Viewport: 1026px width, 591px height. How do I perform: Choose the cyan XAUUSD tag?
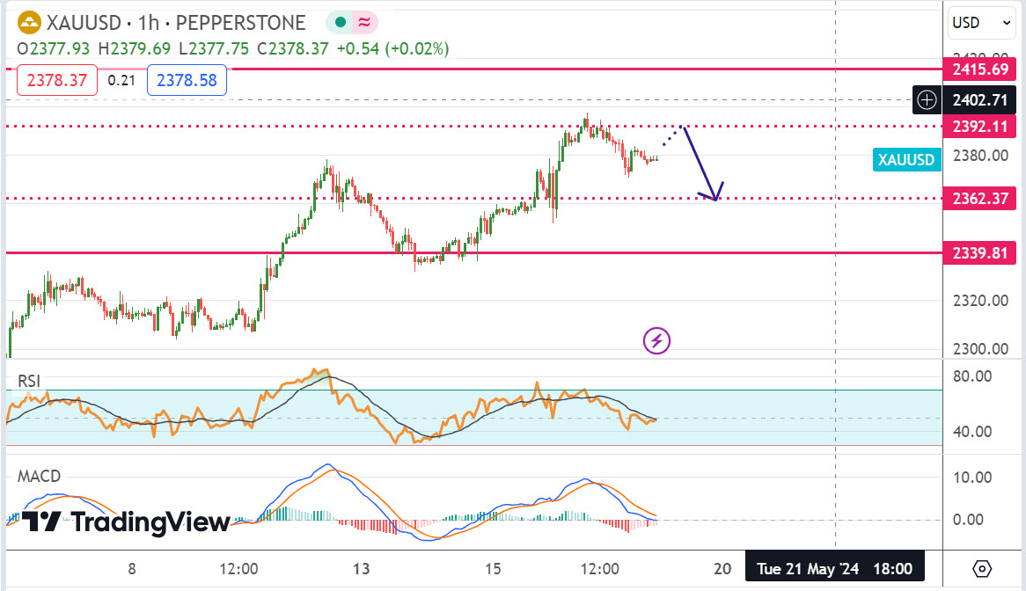coord(905,159)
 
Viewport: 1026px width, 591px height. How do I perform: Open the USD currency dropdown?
coord(979,23)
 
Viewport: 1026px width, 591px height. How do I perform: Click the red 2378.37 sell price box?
coord(57,81)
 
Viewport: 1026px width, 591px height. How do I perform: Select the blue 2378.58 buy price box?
coord(187,81)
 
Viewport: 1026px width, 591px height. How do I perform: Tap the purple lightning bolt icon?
coord(657,340)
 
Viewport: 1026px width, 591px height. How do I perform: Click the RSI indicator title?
coord(30,381)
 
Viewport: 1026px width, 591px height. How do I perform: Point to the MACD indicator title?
coord(40,477)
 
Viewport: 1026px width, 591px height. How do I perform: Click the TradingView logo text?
coord(126,522)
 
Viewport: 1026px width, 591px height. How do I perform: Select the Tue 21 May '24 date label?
coord(833,568)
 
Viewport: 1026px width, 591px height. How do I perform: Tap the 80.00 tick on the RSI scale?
coord(974,376)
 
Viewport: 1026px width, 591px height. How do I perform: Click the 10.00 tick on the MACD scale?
coord(974,478)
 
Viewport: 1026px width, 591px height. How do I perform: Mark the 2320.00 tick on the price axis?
coord(979,301)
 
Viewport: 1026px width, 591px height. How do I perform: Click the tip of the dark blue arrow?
coord(715,200)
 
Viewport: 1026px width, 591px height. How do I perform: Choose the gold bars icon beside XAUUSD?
coord(29,23)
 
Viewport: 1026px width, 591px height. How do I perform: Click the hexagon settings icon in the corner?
coord(983,568)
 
